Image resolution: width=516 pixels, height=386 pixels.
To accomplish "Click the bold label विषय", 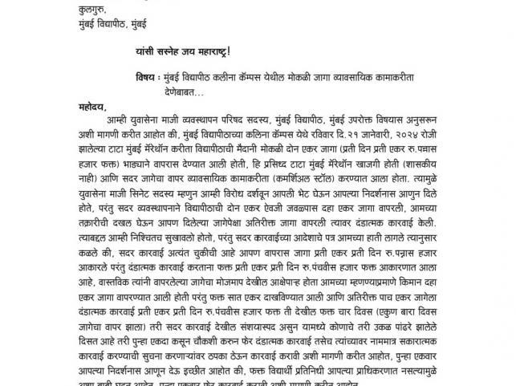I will (x=149, y=78).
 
